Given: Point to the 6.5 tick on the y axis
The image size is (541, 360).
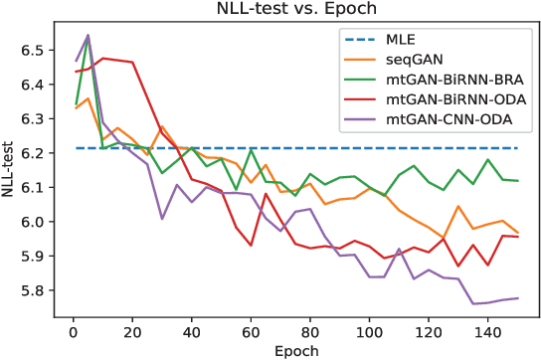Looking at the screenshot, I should coord(33,50).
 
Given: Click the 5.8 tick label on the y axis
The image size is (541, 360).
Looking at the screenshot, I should coord(33,290).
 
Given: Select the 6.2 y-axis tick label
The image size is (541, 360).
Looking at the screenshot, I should coord(33,153).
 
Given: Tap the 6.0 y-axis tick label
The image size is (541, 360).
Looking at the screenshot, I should coord(33,222).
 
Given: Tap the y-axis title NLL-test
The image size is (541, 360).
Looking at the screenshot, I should coord(10,171).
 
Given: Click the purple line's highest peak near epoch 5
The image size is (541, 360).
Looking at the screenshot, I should coord(88,35).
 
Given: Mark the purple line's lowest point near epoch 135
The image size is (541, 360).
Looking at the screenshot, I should coord(473,303).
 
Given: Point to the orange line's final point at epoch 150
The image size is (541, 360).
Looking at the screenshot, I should coord(517,233).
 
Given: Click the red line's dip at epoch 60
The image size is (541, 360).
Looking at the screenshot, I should coord(251,246).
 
